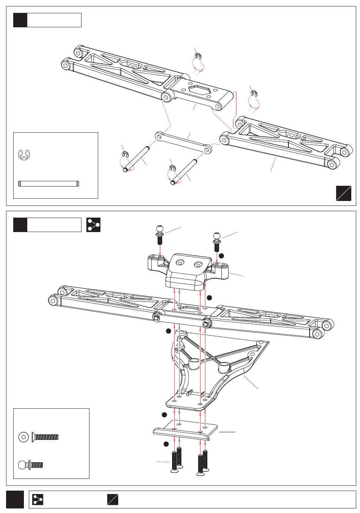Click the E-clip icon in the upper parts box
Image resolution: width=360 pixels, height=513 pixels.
point(24,154)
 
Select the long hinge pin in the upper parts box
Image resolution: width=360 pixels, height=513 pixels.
point(49,184)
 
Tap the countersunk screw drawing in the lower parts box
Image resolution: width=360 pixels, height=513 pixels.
point(45,437)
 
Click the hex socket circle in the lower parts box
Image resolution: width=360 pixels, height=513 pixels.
point(24,437)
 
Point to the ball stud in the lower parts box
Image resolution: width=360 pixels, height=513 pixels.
point(31,464)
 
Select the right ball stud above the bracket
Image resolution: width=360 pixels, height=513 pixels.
point(217,241)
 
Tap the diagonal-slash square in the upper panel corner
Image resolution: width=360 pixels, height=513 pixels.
point(343,193)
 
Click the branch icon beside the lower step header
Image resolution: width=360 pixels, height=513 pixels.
point(93,224)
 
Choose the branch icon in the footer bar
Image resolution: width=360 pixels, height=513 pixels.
point(38,499)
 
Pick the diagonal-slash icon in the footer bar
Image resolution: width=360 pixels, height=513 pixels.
point(112,499)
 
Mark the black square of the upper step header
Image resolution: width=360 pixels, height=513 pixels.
point(20,20)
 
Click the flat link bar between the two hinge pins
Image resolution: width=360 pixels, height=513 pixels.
point(183,142)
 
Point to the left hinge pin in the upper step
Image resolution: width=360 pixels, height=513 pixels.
point(137,158)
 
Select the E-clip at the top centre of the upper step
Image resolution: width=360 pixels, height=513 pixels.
point(197,57)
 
